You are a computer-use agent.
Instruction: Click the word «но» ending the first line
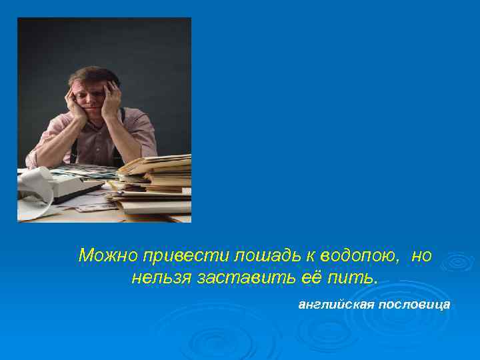pyautogui.click(x=421, y=255)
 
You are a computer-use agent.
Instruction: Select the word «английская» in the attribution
pyautogui.click(x=336, y=305)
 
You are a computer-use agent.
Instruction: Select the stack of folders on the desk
pyautogui.click(x=153, y=183)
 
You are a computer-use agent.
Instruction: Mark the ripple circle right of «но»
pyautogui.click(x=457, y=261)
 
